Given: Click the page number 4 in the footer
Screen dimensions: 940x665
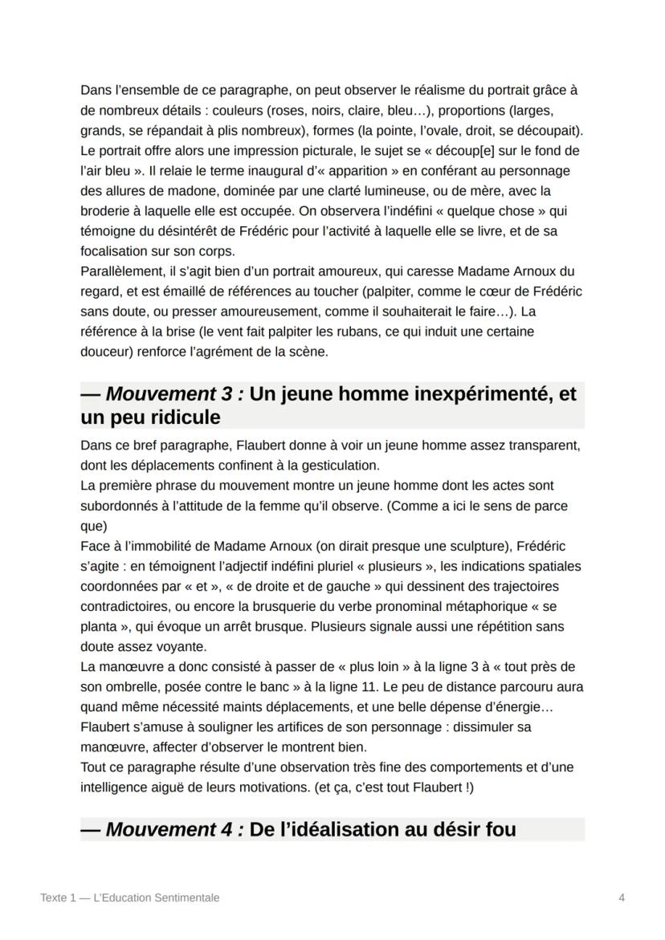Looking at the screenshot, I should coord(622,897).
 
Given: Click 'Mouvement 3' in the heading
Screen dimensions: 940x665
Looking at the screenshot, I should coord(168,394).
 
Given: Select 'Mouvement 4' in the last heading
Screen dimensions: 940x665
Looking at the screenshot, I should coord(168,829).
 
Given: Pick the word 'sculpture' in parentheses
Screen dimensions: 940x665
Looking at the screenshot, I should coord(475,546).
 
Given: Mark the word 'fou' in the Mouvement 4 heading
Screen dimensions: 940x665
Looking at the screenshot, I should coord(499,829).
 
